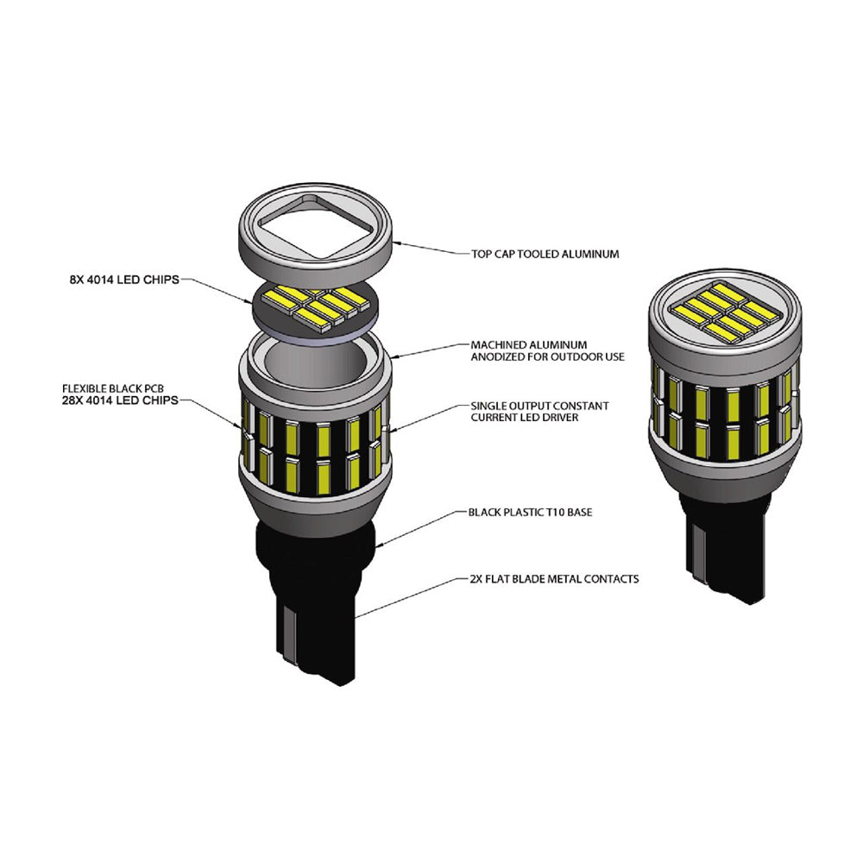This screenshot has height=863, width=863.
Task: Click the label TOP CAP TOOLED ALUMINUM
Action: click(x=545, y=254)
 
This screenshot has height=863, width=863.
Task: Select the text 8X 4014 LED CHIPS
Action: click(x=124, y=280)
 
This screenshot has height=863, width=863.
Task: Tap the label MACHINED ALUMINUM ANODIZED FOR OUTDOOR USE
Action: click(x=547, y=350)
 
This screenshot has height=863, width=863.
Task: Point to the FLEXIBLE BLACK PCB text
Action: click(x=113, y=388)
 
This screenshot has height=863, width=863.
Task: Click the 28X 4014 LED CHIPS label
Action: click(x=120, y=400)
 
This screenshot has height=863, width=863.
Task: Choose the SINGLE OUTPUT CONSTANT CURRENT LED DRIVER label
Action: click(x=539, y=412)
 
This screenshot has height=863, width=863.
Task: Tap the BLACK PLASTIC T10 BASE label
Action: click(x=530, y=513)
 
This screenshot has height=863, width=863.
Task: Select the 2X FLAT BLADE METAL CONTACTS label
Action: click(x=555, y=579)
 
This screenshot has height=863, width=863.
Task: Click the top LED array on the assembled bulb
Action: click(x=723, y=312)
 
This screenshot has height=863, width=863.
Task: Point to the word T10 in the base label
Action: click(x=555, y=513)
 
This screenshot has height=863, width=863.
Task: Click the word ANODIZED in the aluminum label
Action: click(x=495, y=356)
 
